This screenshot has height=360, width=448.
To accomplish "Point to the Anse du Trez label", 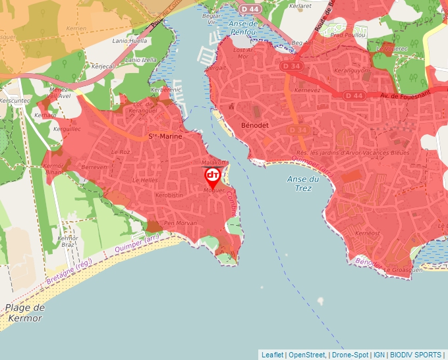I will coord(303,183).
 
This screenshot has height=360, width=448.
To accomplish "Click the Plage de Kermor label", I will coord(24,313).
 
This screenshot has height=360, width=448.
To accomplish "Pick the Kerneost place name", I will coord(367,234).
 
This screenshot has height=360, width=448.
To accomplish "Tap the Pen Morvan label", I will coord(180,223).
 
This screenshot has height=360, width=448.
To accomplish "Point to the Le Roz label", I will coord(121,151).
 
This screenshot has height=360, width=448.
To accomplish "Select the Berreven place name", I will coord(94,168).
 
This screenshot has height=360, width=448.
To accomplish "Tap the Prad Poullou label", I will coord(349,34).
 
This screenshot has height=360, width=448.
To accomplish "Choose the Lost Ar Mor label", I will coord(242,53).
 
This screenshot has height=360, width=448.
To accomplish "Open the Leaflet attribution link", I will coord(272,355).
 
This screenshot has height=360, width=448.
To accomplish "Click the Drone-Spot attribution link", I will coord(349,355).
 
